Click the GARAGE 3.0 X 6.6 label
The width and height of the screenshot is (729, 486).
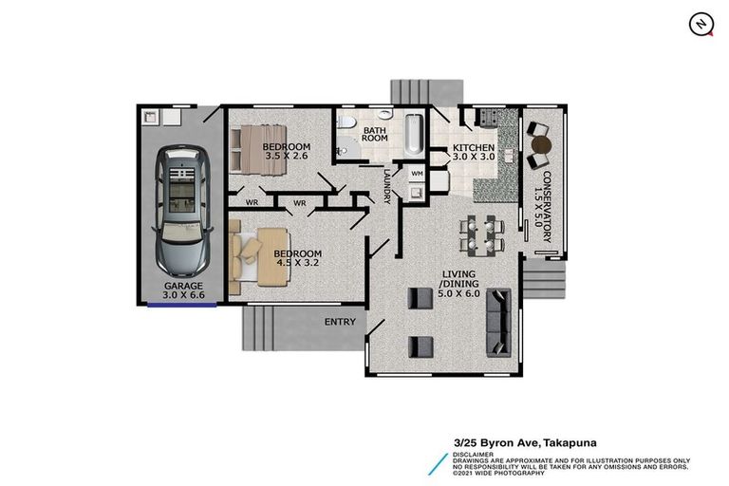(x=183, y=290)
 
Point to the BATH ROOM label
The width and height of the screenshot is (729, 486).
(x=375, y=134)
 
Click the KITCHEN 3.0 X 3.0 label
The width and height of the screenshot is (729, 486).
(x=473, y=153)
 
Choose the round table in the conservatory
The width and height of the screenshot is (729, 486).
(x=540, y=145)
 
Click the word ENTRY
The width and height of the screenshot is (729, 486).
(x=340, y=322)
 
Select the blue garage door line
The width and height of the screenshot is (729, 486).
(x=182, y=306)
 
